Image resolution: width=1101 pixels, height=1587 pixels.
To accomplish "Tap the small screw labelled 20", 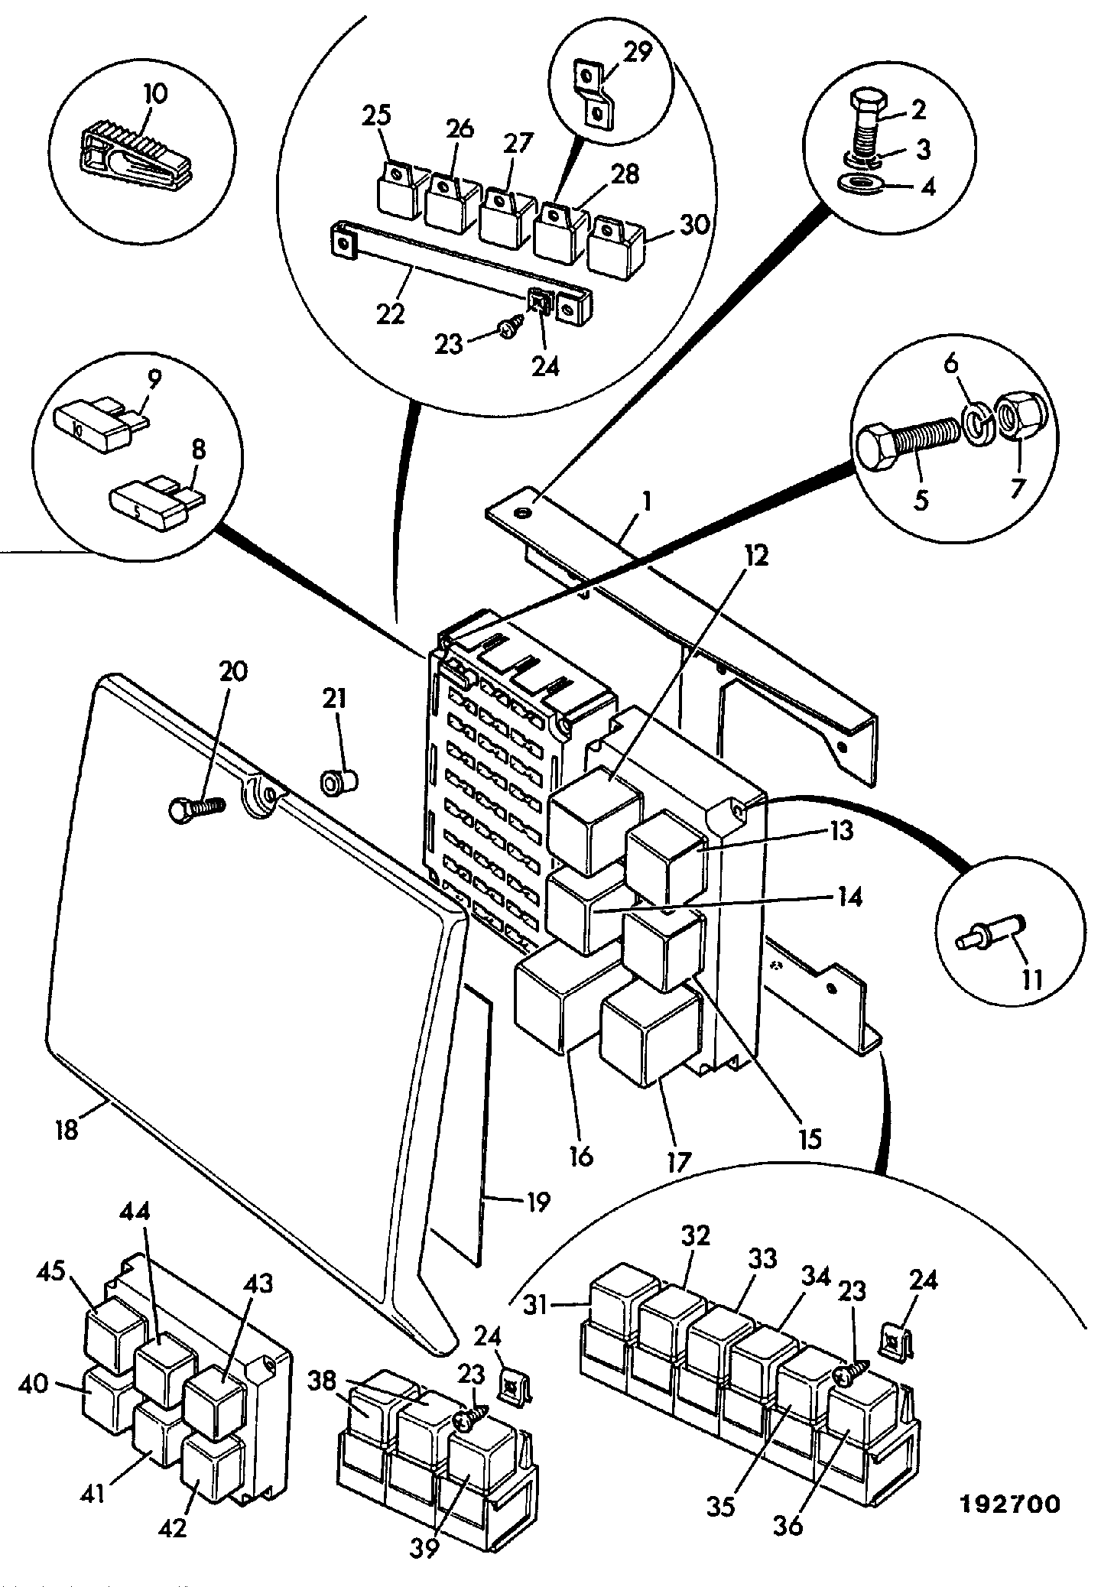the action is tap(196, 809).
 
